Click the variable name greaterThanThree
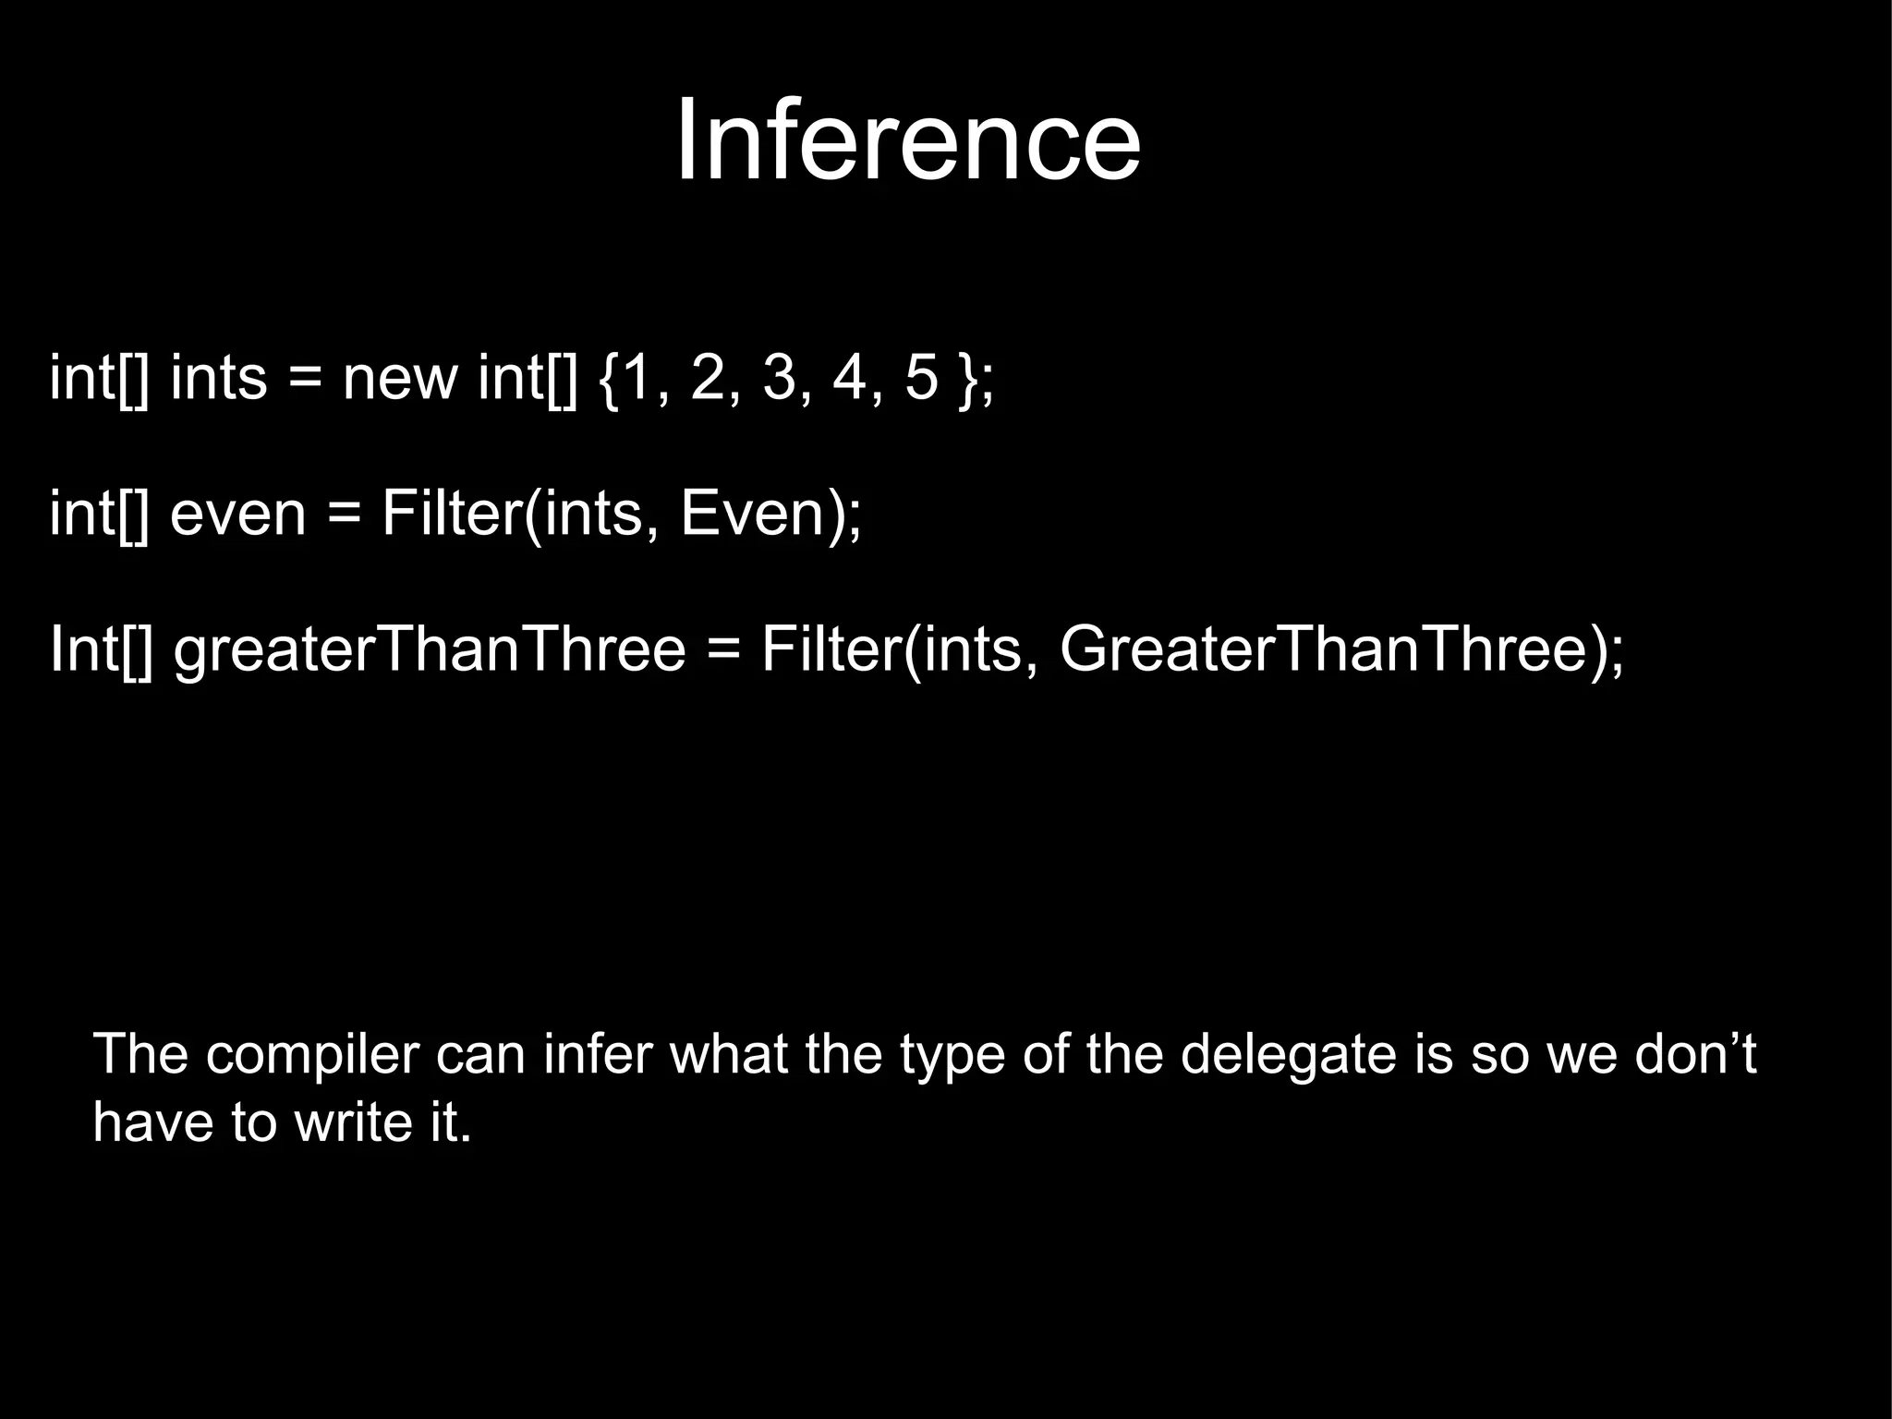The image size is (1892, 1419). click(x=431, y=649)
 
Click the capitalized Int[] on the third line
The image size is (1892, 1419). click(x=100, y=649)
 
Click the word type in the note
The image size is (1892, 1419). click(x=952, y=1054)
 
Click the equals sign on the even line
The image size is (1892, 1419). click(x=344, y=515)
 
